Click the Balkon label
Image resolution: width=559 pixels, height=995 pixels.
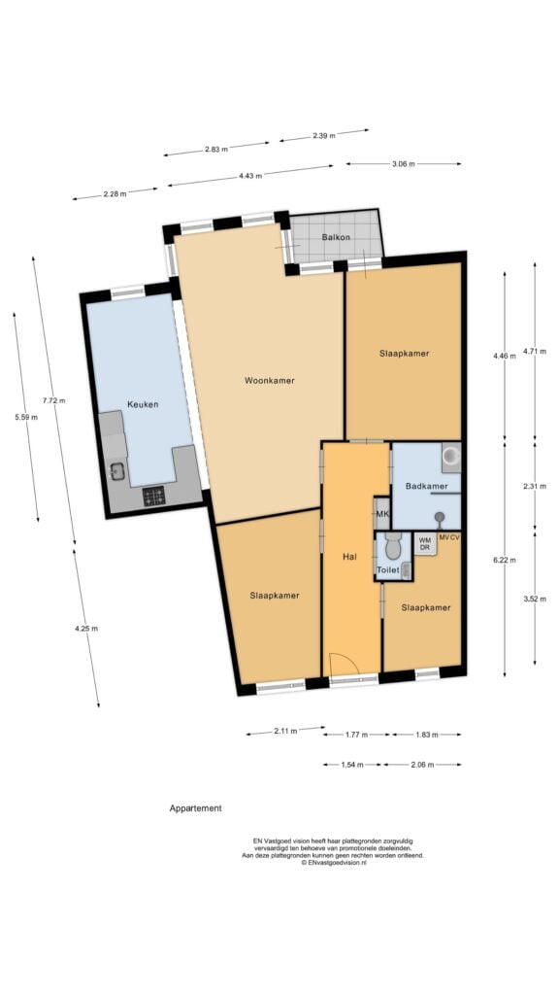[x=336, y=237]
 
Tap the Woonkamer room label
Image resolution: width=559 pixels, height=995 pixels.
[x=270, y=381]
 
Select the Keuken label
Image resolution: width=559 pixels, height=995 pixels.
[x=143, y=404]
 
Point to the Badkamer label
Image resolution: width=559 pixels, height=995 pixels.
[x=427, y=487]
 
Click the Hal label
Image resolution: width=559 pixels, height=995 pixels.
[x=349, y=557]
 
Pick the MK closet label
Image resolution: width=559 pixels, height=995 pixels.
[x=382, y=514]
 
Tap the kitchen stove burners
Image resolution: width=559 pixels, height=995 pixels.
[x=153, y=496]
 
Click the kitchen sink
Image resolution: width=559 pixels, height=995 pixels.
[x=117, y=471]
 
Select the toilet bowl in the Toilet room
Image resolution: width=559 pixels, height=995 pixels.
[x=393, y=545]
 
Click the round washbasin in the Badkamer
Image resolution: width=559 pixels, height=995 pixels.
[x=451, y=457]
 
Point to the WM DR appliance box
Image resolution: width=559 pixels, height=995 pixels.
[x=425, y=544]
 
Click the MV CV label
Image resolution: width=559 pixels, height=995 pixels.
[x=449, y=537]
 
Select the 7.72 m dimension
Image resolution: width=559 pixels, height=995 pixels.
[x=54, y=400]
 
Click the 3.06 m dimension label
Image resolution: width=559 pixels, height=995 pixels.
[x=403, y=163]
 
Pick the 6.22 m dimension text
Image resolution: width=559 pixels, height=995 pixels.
[x=505, y=560]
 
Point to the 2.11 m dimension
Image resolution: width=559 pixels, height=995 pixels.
[x=286, y=731]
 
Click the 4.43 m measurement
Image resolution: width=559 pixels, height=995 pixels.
[x=250, y=176]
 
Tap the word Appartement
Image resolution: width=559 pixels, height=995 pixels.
[x=196, y=808]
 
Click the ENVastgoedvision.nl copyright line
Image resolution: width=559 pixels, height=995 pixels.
[x=334, y=863]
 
